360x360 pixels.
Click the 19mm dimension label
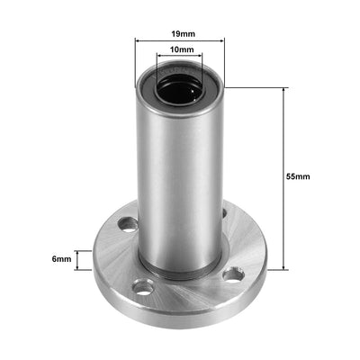click(181, 34)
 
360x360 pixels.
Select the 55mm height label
click(298, 177)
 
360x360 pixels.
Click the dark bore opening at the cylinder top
click(180, 89)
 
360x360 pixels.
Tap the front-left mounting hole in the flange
click(141, 289)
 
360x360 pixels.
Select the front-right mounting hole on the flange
click(232, 274)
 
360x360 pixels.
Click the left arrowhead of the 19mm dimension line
click(138, 42)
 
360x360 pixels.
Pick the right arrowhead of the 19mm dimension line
click(222, 42)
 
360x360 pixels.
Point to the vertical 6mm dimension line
click(87, 260)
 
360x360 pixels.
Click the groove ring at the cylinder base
click(180, 273)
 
